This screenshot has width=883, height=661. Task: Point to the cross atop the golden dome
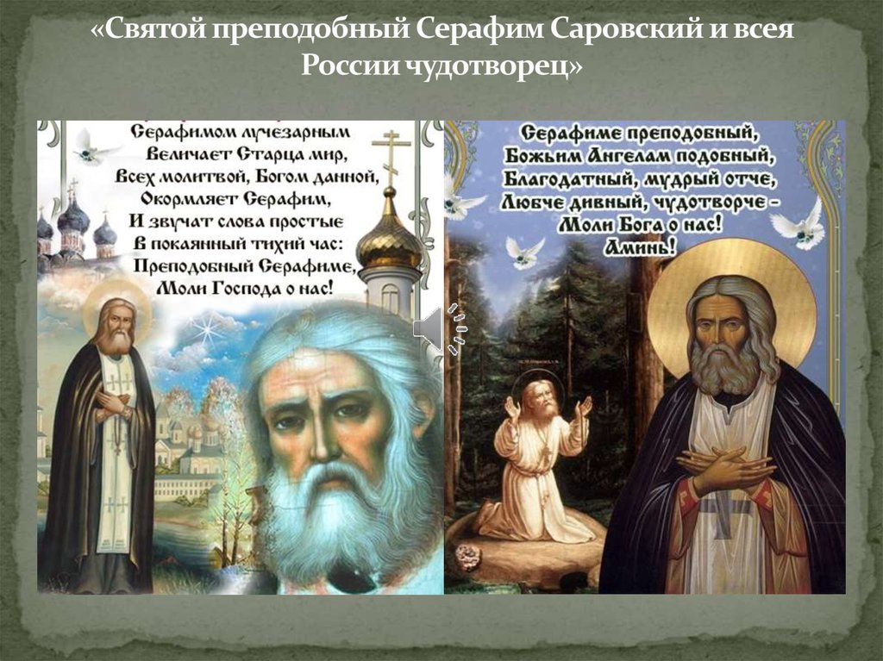point(390,158)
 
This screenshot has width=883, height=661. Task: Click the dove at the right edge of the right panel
point(799,225)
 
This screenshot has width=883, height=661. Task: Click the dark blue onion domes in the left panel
point(77,225)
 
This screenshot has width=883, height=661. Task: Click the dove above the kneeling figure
point(525,253)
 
